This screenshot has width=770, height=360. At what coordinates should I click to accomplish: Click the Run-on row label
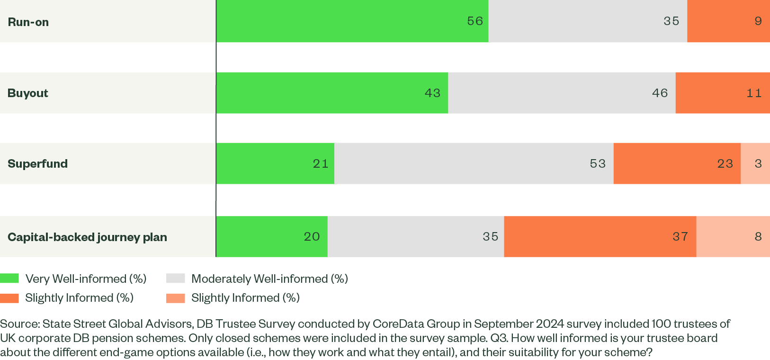28,22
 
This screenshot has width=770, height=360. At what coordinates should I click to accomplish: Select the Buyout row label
28,93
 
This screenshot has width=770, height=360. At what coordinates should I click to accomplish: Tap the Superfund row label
38,164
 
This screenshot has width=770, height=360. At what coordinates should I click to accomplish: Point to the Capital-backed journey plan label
87,237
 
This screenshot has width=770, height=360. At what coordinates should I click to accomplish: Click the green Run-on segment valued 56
352,21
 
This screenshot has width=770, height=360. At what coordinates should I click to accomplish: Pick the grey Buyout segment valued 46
562,93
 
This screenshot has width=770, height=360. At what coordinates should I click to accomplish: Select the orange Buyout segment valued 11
723,93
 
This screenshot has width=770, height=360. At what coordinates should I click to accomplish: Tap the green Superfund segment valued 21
275,163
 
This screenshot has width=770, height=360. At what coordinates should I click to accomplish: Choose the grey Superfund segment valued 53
474,163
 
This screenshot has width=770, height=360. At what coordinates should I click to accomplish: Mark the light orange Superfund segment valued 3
755,163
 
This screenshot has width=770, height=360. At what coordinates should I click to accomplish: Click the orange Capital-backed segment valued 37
600,236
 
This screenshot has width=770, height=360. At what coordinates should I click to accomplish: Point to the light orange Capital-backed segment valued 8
733,236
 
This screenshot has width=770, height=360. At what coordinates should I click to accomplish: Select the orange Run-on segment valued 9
728,21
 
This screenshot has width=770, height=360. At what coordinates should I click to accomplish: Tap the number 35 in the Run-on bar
672,21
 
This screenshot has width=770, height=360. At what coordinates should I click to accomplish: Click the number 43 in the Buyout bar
432,93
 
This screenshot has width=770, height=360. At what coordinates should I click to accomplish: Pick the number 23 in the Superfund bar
725,163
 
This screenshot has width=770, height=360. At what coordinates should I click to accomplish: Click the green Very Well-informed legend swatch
9,279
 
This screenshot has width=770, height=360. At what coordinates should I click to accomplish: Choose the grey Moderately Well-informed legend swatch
176,279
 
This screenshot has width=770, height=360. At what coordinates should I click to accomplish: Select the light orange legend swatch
176,298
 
